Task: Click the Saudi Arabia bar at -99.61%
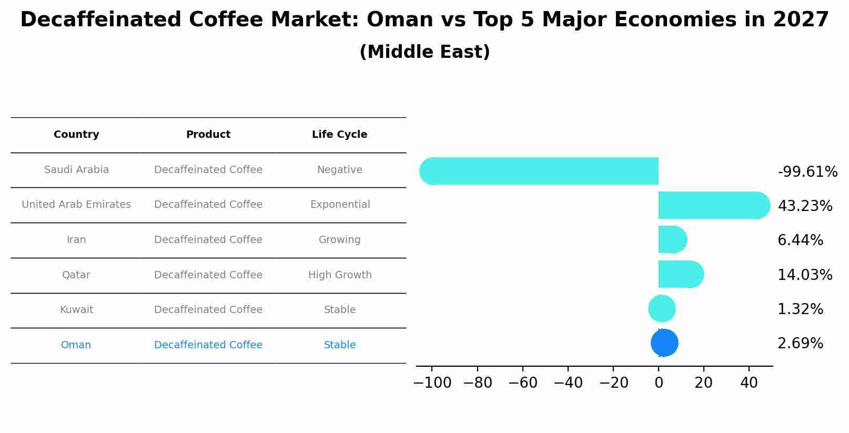click(x=539, y=171)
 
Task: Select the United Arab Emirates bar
click(x=714, y=206)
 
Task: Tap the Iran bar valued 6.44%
click(x=673, y=239)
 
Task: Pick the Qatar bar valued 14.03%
click(x=681, y=274)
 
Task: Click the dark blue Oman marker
click(x=664, y=343)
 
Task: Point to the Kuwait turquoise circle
click(x=662, y=309)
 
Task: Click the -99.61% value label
click(x=807, y=172)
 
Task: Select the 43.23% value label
click(x=805, y=206)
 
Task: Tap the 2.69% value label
click(x=800, y=343)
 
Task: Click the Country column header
click(x=76, y=135)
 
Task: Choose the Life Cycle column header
click(x=340, y=135)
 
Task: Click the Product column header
click(x=208, y=135)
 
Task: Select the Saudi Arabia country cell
click(x=76, y=169)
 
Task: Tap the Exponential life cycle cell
click(x=340, y=204)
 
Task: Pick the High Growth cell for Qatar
click(x=340, y=275)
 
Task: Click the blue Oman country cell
click(x=76, y=345)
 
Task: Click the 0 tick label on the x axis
click(x=659, y=382)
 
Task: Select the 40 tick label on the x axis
click(x=749, y=382)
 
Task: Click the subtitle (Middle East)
click(x=424, y=52)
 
